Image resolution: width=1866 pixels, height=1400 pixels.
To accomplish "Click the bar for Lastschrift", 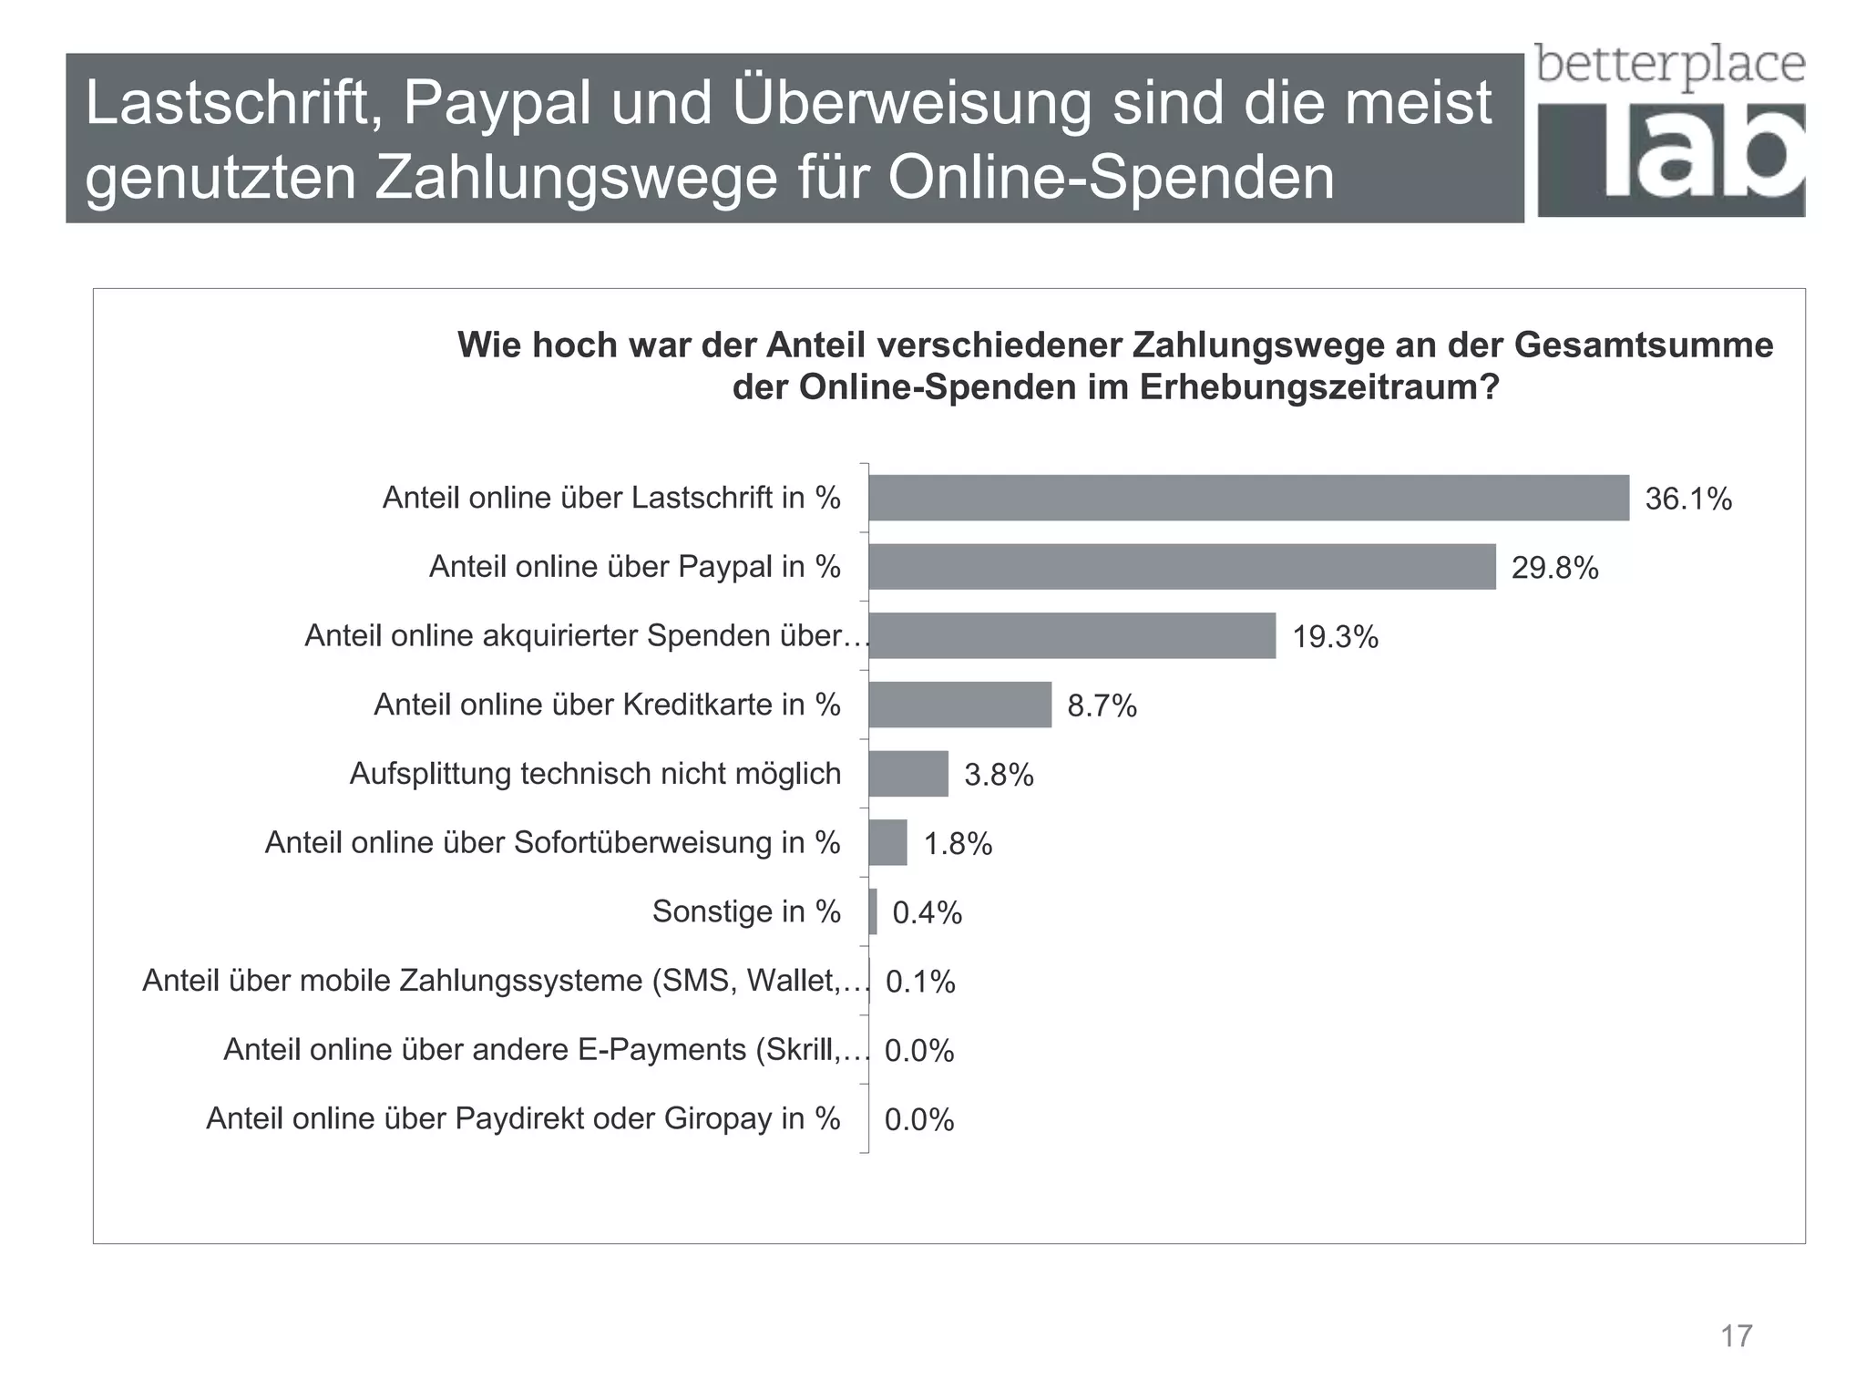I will pos(1248,498).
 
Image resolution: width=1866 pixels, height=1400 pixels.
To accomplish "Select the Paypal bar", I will pos(1182,567).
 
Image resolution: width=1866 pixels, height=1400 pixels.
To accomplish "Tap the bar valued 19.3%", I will pos(1071,635).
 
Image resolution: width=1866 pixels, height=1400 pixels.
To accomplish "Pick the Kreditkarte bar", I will pos(959,705).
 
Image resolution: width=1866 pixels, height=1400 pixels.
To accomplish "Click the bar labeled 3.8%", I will pos(908,774).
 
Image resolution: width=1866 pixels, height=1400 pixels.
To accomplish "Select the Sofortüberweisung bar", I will pos(888,842).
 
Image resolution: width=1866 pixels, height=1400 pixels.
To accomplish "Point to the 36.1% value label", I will pos(1687,499).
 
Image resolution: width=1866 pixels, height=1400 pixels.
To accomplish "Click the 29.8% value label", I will pos(1554,569).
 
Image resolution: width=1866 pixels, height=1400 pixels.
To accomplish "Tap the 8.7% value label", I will pos(1102,706).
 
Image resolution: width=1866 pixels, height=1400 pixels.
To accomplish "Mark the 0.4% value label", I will pos(927,913).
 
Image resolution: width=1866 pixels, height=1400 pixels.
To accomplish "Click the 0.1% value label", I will pos(920,983).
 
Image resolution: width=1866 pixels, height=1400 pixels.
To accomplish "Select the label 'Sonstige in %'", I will pos(745,911).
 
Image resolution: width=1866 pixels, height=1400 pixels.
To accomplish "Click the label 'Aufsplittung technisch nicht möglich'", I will pos(595,774).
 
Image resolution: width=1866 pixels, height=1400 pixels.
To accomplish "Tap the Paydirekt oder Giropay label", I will pos(523,1118).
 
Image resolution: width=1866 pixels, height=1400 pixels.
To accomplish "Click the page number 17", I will pos(1736,1336).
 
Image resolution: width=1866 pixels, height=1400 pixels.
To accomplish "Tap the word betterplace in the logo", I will pos(1669,66).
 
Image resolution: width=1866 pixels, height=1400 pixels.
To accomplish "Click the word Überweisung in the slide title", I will pos(912,103).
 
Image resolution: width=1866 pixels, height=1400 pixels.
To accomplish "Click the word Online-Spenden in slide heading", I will pos(1111,178).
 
